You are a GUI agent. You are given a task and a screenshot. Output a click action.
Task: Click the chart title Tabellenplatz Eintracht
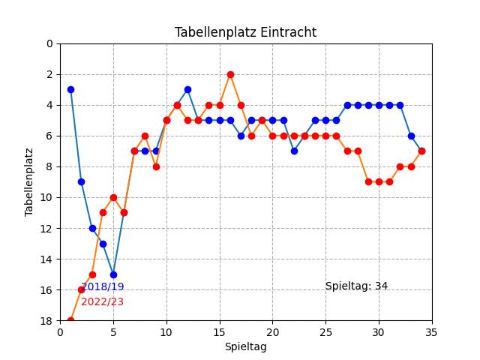(245, 32)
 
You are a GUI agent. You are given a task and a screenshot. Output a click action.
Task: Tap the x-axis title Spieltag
(245, 346)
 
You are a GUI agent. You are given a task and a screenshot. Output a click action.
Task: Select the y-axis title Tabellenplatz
(29, 182)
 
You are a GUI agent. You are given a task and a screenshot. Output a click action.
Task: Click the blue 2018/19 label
(103, 286)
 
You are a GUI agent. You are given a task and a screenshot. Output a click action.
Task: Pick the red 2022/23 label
(102, 301)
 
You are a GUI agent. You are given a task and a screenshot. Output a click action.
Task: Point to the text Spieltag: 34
(356, 286)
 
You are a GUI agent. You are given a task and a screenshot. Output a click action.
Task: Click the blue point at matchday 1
(70, 89)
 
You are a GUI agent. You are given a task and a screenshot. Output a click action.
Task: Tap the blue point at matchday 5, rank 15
(113, 274)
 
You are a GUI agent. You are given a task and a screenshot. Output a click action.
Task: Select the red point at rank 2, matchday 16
(230, 74)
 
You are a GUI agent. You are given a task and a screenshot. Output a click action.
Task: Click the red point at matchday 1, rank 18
(70, 321)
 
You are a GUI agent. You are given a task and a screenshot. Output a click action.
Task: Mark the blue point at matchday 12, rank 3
(187, 89)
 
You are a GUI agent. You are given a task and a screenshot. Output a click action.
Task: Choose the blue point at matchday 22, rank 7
(294, 151)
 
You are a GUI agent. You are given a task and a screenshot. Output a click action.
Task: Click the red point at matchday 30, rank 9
(379, 181)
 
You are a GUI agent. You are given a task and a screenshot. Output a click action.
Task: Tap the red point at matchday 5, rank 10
(113, 197)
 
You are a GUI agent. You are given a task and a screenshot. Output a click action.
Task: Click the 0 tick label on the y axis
(49, 43)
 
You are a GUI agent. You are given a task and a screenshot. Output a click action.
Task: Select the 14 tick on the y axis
(47, 259)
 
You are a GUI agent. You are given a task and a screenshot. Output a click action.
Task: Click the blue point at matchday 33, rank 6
(411, 136)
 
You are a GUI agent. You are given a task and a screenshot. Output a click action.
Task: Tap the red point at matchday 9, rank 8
(156, 166)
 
